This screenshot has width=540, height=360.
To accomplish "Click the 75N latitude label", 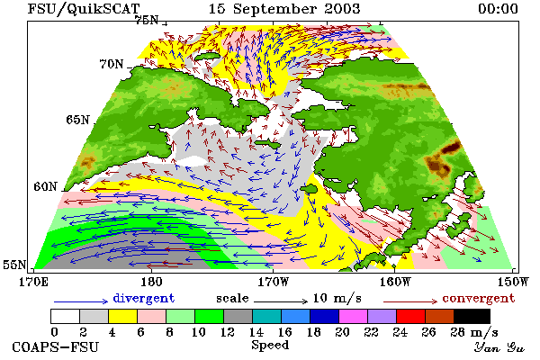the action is tap(147, 21).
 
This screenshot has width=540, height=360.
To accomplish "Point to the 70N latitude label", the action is tap(112, 64).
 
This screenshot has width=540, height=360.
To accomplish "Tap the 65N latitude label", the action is tap(77, 120).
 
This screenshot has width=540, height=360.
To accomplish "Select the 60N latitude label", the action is tap(45, 186).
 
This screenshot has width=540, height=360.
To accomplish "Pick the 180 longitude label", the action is tap(151, 282).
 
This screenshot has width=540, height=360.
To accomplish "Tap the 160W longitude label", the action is tap(395, 282).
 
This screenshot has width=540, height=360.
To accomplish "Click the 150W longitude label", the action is tap(513, 282).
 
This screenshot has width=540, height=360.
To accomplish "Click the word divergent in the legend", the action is tap(144, 298).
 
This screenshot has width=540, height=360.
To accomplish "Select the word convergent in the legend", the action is tap(479, 298).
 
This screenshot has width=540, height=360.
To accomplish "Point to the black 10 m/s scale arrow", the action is tap(281, 301).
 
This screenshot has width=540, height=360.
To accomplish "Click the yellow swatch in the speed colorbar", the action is tap(123, 316).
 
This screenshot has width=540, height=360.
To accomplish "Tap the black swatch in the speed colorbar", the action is tap(472, 316).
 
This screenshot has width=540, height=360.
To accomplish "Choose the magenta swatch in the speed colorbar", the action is tap(354, 316).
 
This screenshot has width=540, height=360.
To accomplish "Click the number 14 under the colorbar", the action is tap(256, 332).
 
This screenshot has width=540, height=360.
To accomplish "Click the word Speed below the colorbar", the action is tap(270, 346).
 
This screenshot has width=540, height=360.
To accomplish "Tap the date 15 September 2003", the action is tap(284, 9).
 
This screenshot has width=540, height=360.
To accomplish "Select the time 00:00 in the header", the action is tap(498, 9).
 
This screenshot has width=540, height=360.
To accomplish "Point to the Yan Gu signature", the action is tap(499, 347).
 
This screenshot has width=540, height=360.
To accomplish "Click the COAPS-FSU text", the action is tap(55, 346).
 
